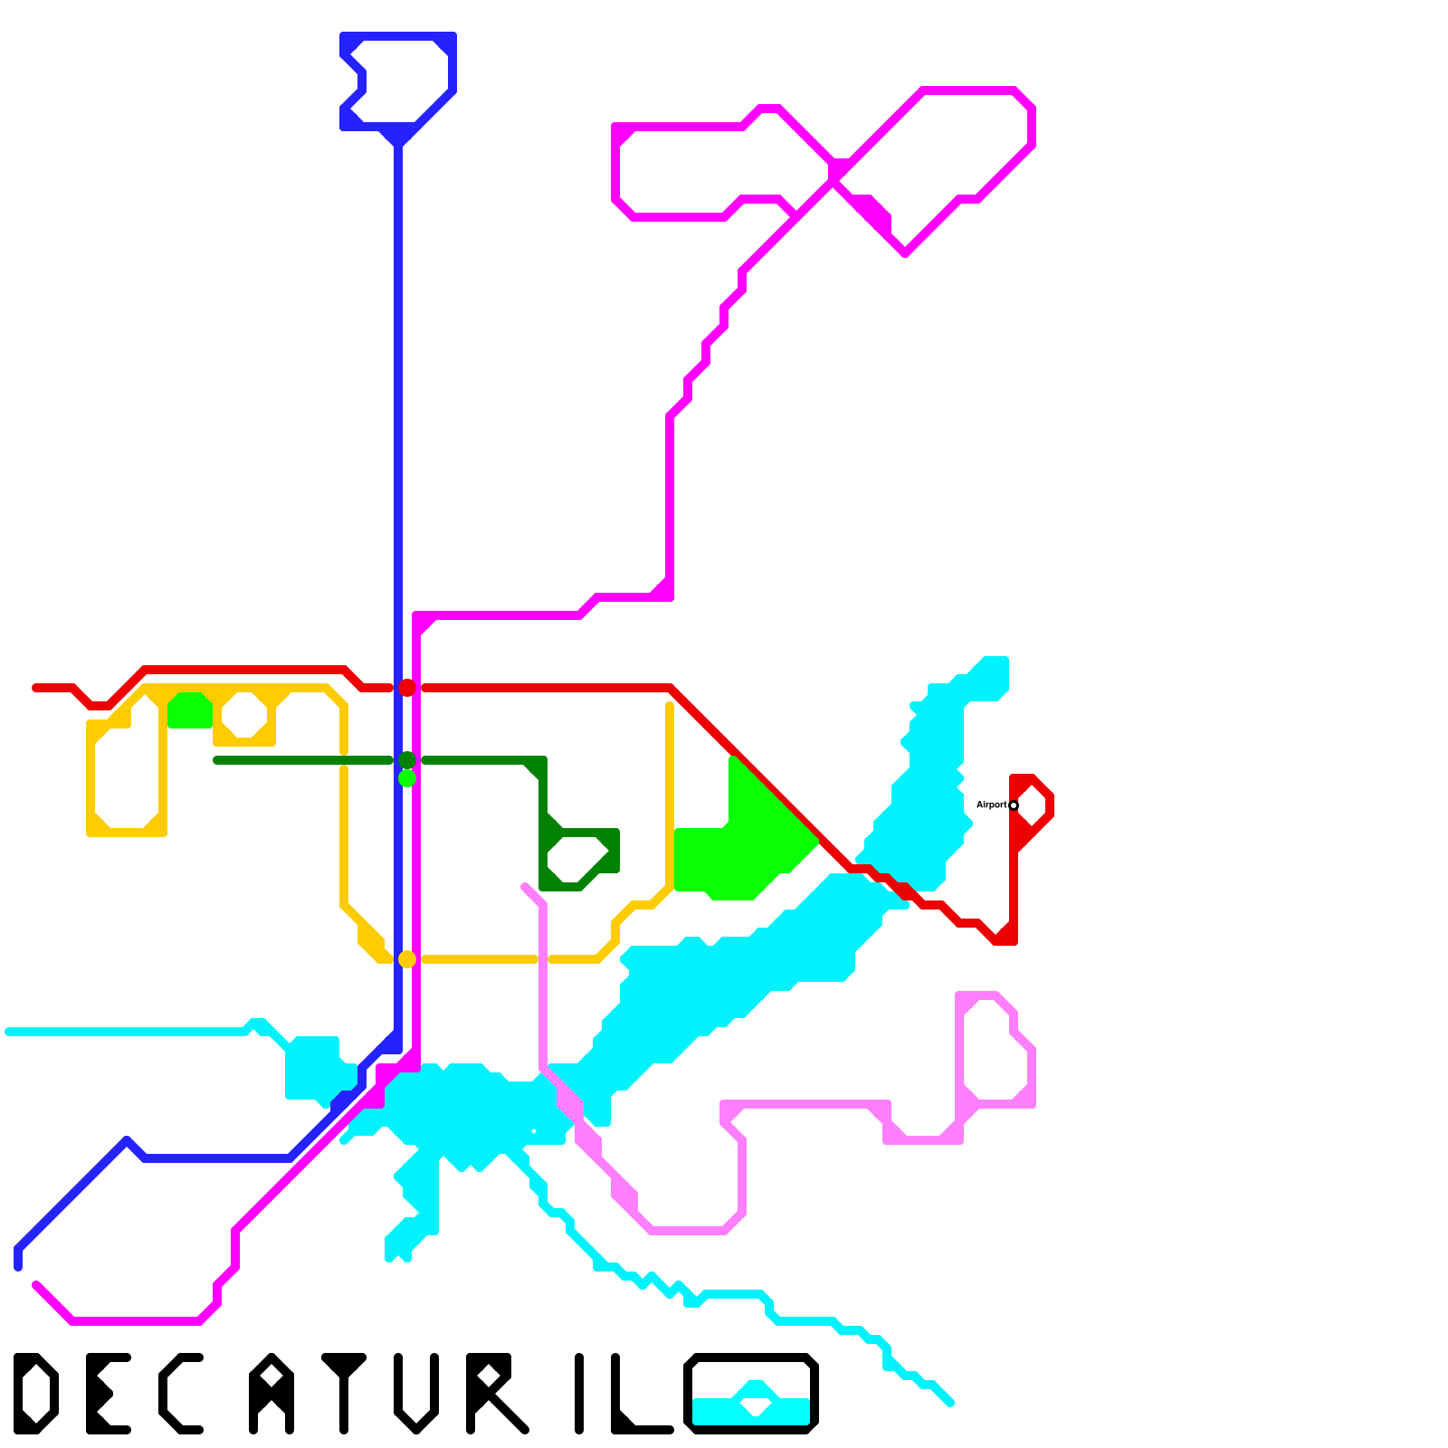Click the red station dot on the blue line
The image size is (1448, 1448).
click(x=407, y=688)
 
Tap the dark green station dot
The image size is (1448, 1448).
click(x=407, y=760)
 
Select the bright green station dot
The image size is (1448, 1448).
click(x=407, y=777)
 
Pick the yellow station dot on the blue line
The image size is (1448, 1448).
click(x=407, y=959)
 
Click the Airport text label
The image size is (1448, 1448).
click(x=991, y=805)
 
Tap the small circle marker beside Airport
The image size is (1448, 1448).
click(x=1014, y=805)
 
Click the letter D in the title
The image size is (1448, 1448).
click(x=36, y=1394)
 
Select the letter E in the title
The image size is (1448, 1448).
click(x=107, y=1394)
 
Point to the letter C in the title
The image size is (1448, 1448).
click(x=179, y=1394)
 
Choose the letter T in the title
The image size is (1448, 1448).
click(x=344, y=1394)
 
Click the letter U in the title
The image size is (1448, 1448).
click(x=416, y=1394)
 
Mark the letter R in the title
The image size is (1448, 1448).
click(x=493, y=1394)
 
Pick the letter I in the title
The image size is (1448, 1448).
click(x=579, y=1394)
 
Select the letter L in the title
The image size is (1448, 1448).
click(x=638, y=1398)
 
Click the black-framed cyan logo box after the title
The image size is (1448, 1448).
click(x=751, y=1394)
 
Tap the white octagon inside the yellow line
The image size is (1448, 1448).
click(x=244, y=715)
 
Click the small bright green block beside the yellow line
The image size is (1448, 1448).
click(x=190, y=710)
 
